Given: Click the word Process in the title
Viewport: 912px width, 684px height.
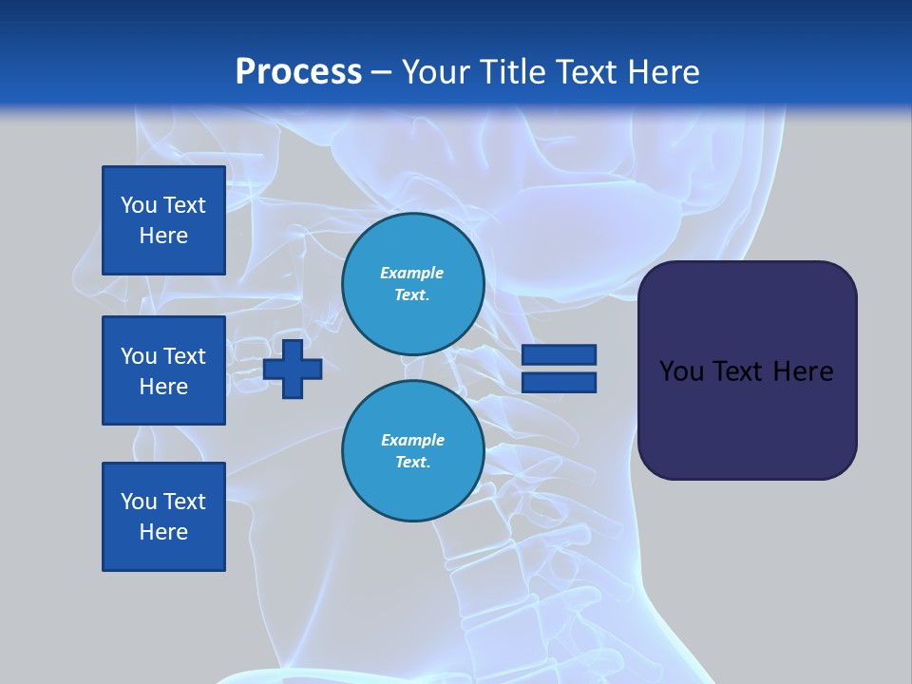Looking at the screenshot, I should pos(298,72).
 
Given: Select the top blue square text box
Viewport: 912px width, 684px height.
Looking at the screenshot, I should pos(163,220).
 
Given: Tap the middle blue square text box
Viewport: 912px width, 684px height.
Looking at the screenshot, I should pos(163,370).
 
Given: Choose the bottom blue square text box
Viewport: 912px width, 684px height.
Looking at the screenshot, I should pos(163,517).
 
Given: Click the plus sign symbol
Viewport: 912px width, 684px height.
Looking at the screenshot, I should pos(293,369).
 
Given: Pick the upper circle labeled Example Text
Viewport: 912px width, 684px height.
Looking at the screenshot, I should pos(412,284).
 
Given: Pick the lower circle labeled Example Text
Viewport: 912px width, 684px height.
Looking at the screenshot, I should pos(412,451).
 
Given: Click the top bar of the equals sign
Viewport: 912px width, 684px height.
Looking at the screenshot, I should pos(560,355).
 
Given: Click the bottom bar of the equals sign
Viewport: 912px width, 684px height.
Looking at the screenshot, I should pos(560,383).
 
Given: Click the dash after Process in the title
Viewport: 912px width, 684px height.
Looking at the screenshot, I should pos(382,72).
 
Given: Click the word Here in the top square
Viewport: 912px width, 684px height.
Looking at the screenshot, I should pos(163,236).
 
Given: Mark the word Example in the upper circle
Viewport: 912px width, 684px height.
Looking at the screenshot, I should pos(411,273).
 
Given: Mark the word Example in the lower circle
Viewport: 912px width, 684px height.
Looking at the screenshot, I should pos(412,440).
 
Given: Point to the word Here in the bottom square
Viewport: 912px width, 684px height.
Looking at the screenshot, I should pos(163,532).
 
